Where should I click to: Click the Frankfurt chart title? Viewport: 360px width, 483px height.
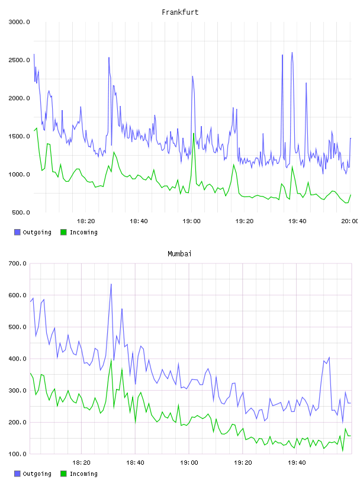(x=180, y=12)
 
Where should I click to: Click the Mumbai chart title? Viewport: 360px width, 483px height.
(x=179, y=254)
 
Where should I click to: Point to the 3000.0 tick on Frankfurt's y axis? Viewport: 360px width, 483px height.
(x=19, y=22)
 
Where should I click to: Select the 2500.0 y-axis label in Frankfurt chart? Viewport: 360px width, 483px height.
(x=19, y=60)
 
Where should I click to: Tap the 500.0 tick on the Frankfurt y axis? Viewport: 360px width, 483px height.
(x=21, y=212)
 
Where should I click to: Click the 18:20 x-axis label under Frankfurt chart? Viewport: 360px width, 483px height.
(x=86, y=221)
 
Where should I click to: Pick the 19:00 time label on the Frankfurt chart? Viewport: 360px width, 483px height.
(x=191, y=221)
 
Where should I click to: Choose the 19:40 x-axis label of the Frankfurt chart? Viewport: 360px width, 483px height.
(x=297, y=221)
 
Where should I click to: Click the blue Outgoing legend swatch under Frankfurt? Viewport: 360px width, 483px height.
(x=17, y=232)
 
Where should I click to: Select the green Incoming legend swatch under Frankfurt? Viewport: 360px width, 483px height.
(x=63, y=232)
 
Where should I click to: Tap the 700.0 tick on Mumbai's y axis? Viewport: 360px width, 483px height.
(x=18, y=263)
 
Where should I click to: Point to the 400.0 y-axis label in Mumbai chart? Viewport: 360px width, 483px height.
(x=18, y=359)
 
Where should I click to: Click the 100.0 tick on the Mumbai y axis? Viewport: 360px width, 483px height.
(x=18, y=454)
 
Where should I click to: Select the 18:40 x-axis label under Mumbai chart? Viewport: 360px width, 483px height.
(x=135, y=463)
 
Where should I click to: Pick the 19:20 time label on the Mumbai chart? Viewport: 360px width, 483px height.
(x=243, y=463)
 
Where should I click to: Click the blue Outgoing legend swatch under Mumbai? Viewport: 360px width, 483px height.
(x=17, y=474)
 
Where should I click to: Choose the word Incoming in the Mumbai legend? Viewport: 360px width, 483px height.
(x=83, y=474)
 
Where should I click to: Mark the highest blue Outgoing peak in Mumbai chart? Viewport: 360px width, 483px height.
(x=111, y=284)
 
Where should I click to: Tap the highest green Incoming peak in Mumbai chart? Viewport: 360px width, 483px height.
(x=111, y=360)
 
